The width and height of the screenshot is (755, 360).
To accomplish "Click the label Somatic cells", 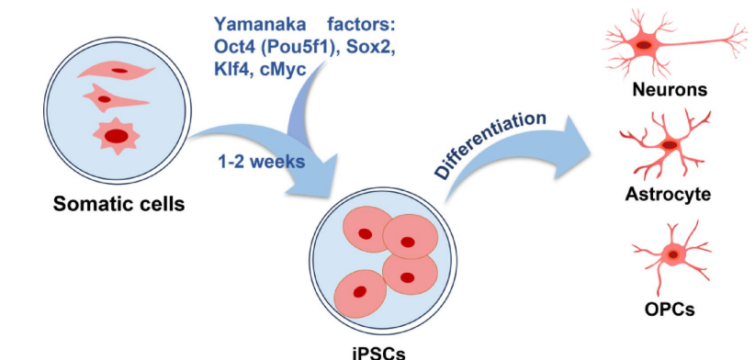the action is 118,204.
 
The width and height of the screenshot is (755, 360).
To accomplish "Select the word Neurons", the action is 670,89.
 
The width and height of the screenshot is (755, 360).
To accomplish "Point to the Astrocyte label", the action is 668,195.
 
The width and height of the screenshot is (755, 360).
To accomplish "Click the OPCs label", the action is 670,309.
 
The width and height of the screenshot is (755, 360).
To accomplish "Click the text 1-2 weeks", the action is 262,162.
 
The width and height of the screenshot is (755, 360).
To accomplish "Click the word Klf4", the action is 231,69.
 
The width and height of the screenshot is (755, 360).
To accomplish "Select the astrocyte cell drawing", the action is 667,144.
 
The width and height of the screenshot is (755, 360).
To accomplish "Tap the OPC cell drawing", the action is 671,255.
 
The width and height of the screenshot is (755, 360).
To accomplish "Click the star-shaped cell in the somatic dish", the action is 116,136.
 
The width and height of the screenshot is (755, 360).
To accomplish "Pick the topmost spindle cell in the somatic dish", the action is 116,71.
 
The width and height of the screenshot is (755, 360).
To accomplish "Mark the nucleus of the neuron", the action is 644,45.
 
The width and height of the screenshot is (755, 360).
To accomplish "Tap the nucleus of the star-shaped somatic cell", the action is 117,136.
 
